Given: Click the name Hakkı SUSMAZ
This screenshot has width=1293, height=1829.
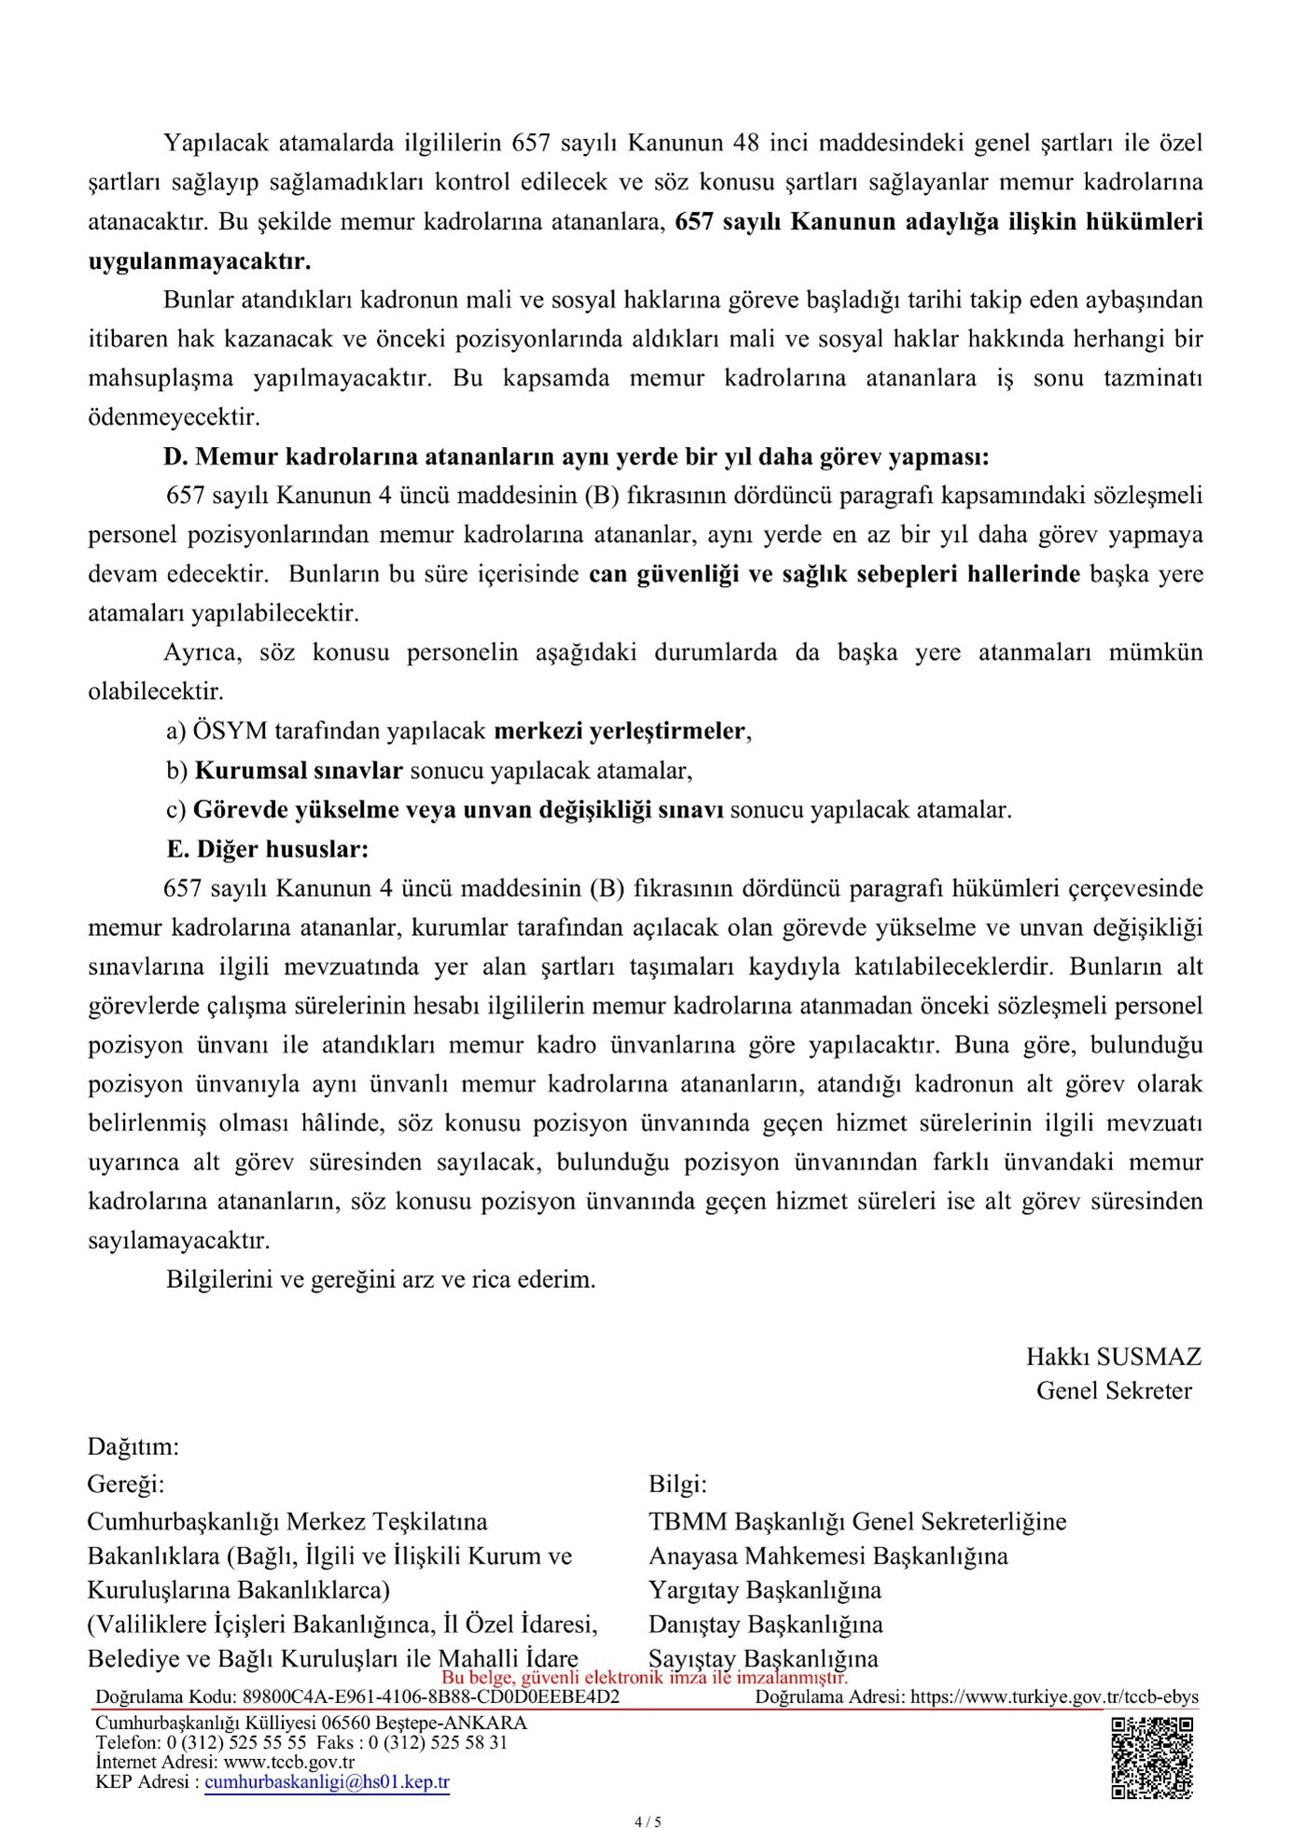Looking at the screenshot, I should [x=1113, y=1357].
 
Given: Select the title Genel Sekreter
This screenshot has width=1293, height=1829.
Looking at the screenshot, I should [x=1113, y=1390].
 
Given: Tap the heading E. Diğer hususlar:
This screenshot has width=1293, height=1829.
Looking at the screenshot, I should [x=268, y=849].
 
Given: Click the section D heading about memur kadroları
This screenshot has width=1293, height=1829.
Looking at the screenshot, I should [x=576, y=457].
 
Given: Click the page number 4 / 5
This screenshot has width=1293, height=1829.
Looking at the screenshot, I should [x=646, y=1821].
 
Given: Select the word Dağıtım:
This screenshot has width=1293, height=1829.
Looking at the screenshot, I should [x=132, y=1447].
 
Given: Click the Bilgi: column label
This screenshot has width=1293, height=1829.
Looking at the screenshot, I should [x=677, y=1484].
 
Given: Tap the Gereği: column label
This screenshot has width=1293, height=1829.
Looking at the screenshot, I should [x=125, y=1484].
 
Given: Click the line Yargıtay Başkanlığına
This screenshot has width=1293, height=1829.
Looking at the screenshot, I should [x=764, y=1590].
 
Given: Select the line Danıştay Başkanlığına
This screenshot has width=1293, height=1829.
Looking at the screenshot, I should [x=765, y=1625].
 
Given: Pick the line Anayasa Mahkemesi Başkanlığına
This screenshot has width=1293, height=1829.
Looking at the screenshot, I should [x=827, y=1556].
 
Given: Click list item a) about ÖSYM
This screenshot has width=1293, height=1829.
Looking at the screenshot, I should [x=459, y=731].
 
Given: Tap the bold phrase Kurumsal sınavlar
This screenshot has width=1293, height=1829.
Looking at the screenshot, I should [x=299, y=771].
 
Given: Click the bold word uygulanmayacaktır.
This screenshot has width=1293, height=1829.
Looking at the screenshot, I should [x=200, y=261].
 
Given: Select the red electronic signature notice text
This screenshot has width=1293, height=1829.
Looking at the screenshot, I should [x=644, y=1677].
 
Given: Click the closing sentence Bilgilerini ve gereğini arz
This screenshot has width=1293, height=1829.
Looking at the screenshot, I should [x=381, y=1279].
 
